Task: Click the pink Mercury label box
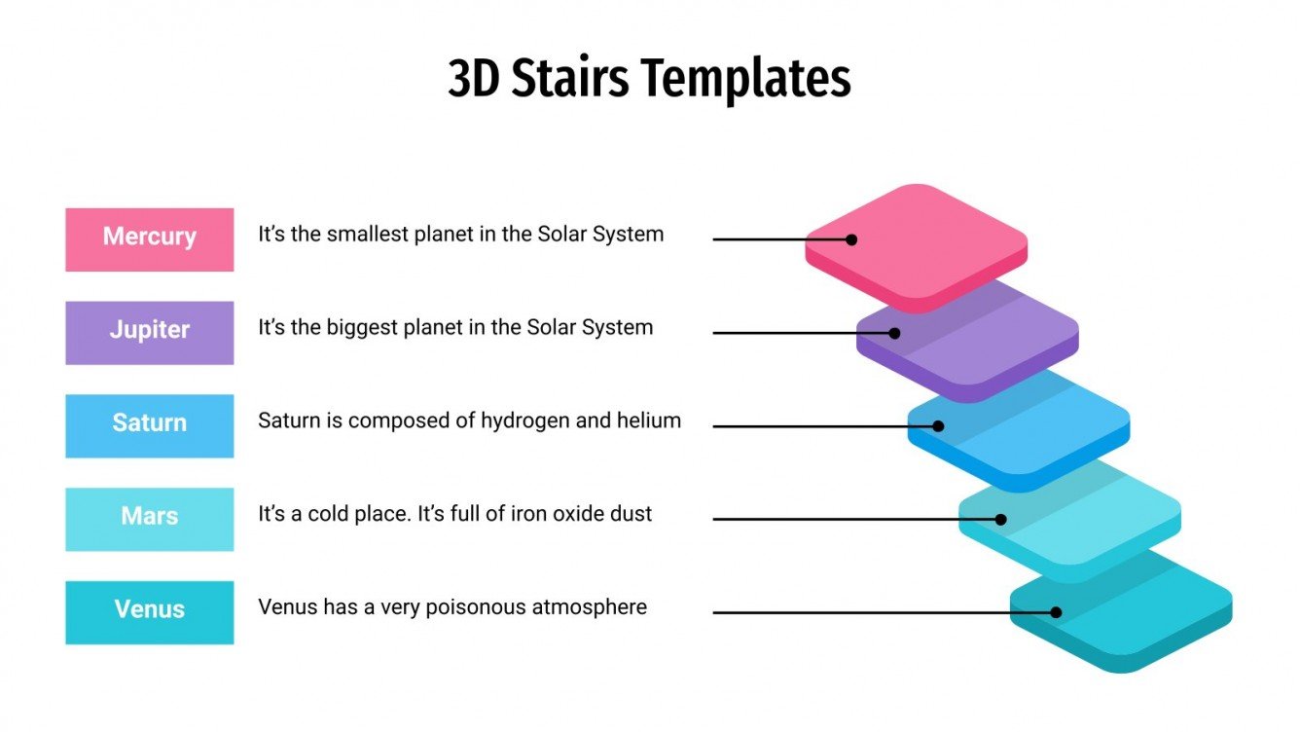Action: coord(149,238)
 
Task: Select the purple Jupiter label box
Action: coord(149,332)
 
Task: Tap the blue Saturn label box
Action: coord(149,425)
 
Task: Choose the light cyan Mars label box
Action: coord(149,519)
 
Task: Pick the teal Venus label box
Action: coord(149,612)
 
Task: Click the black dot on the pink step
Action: coord(851,239)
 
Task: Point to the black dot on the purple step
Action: coord(895,333)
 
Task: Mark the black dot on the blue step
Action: coord(939,425)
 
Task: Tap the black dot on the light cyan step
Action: coord(1001,519)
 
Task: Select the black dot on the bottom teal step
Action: coord(1056,612)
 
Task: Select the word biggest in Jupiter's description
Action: coord(363,328)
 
